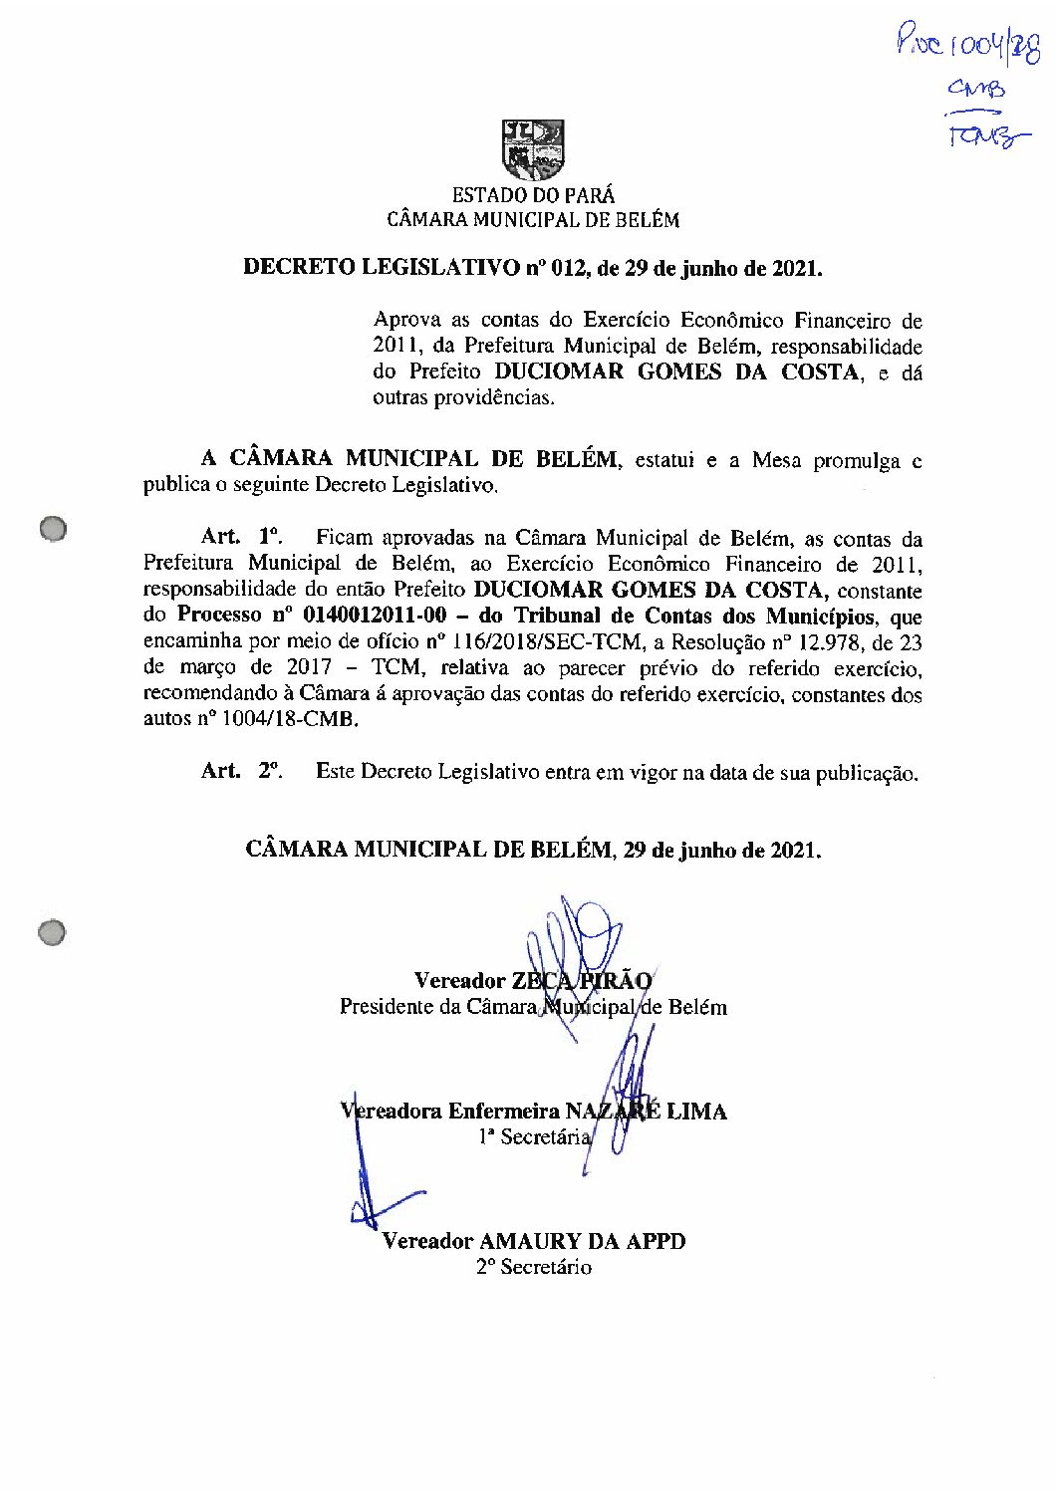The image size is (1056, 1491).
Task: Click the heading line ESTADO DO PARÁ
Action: point(533,195)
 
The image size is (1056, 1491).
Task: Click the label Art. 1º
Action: point(241,537)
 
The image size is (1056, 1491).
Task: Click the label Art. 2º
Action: point(241,771)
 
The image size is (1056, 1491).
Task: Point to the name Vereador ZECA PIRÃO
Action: point(533,980)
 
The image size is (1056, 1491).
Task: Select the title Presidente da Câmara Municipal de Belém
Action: point(533,1006)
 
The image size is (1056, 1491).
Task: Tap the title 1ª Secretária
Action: point(534,1136)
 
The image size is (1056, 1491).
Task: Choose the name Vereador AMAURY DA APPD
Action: point(534,1241)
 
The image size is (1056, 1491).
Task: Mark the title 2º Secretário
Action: point(534,1267)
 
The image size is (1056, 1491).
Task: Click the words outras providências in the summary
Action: point(463,398)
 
